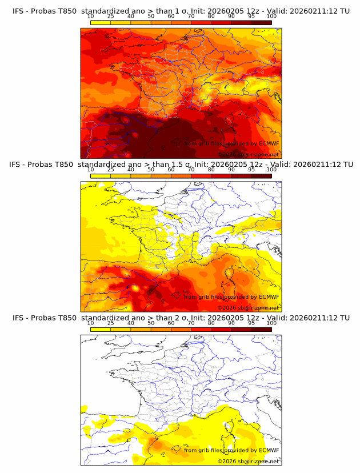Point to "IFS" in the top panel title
(19, 11)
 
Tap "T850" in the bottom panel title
(66, 318)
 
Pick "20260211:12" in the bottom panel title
(312, 318)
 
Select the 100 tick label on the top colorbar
(271, 16)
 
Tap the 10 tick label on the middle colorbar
(90, 170)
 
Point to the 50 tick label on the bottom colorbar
(151, 323)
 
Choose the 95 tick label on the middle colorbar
(251, 170)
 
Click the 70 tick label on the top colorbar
(191, 16)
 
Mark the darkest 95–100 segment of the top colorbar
(261, 22)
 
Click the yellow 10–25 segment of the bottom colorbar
(101, 330)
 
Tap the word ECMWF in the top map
(269, 143)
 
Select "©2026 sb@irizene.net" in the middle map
(248, 308)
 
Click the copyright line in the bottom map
(248, 461)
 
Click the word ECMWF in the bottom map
(269, 450)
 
